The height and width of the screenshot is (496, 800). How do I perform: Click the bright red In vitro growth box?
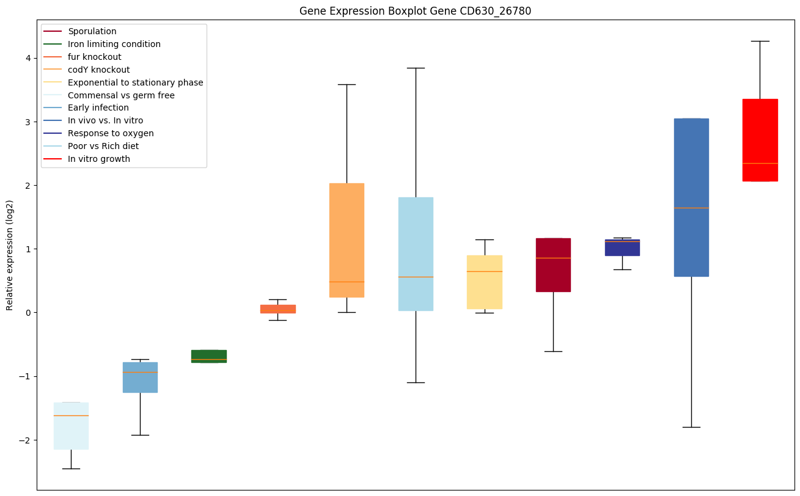click(760, 140)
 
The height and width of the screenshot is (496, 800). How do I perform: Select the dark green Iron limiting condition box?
click(208, 356)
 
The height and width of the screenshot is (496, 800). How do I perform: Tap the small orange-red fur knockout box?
click(277, 308)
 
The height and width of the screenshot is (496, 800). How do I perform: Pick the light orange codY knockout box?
click(347, 240)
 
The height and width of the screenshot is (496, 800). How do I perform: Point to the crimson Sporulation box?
click(553, 264)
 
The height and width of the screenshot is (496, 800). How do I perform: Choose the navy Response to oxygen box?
click(622, 247)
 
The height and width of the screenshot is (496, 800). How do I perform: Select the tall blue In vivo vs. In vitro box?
click(691, 197)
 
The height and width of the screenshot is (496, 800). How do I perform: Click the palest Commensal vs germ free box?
click(71, 426)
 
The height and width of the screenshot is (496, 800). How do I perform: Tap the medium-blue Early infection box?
click(140, 377)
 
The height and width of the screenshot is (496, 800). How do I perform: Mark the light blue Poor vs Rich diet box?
click(416, 253)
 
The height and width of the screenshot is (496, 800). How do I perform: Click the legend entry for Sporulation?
click(92, 31)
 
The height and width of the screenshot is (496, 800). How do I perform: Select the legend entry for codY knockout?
click(98, 70)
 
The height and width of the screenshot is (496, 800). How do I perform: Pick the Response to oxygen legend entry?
click(111, 133)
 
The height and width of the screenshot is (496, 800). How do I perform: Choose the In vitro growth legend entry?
click(99, 159)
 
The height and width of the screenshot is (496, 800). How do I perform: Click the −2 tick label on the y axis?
click(26, 440)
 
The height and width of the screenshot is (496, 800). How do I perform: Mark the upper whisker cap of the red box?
click(760, 41)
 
